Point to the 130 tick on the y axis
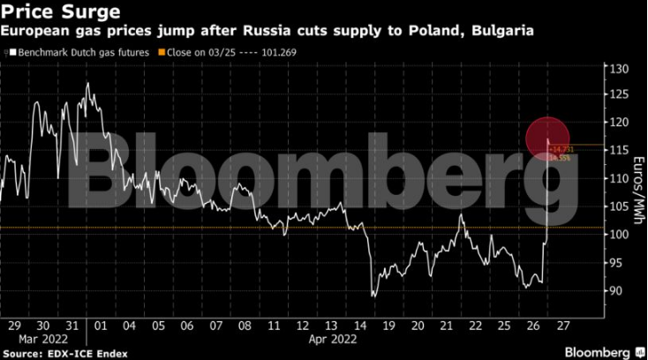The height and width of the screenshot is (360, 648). tap(617, 69)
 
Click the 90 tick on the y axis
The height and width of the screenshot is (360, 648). tap(615, 291)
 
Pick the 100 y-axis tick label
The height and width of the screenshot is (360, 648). tap(617, 235)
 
